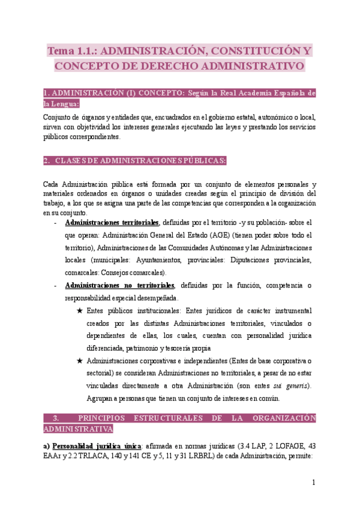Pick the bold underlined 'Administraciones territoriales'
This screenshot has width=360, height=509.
(112, 221)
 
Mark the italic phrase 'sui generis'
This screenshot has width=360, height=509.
(290, 385)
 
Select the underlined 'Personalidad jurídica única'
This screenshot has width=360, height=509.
(96, 446)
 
